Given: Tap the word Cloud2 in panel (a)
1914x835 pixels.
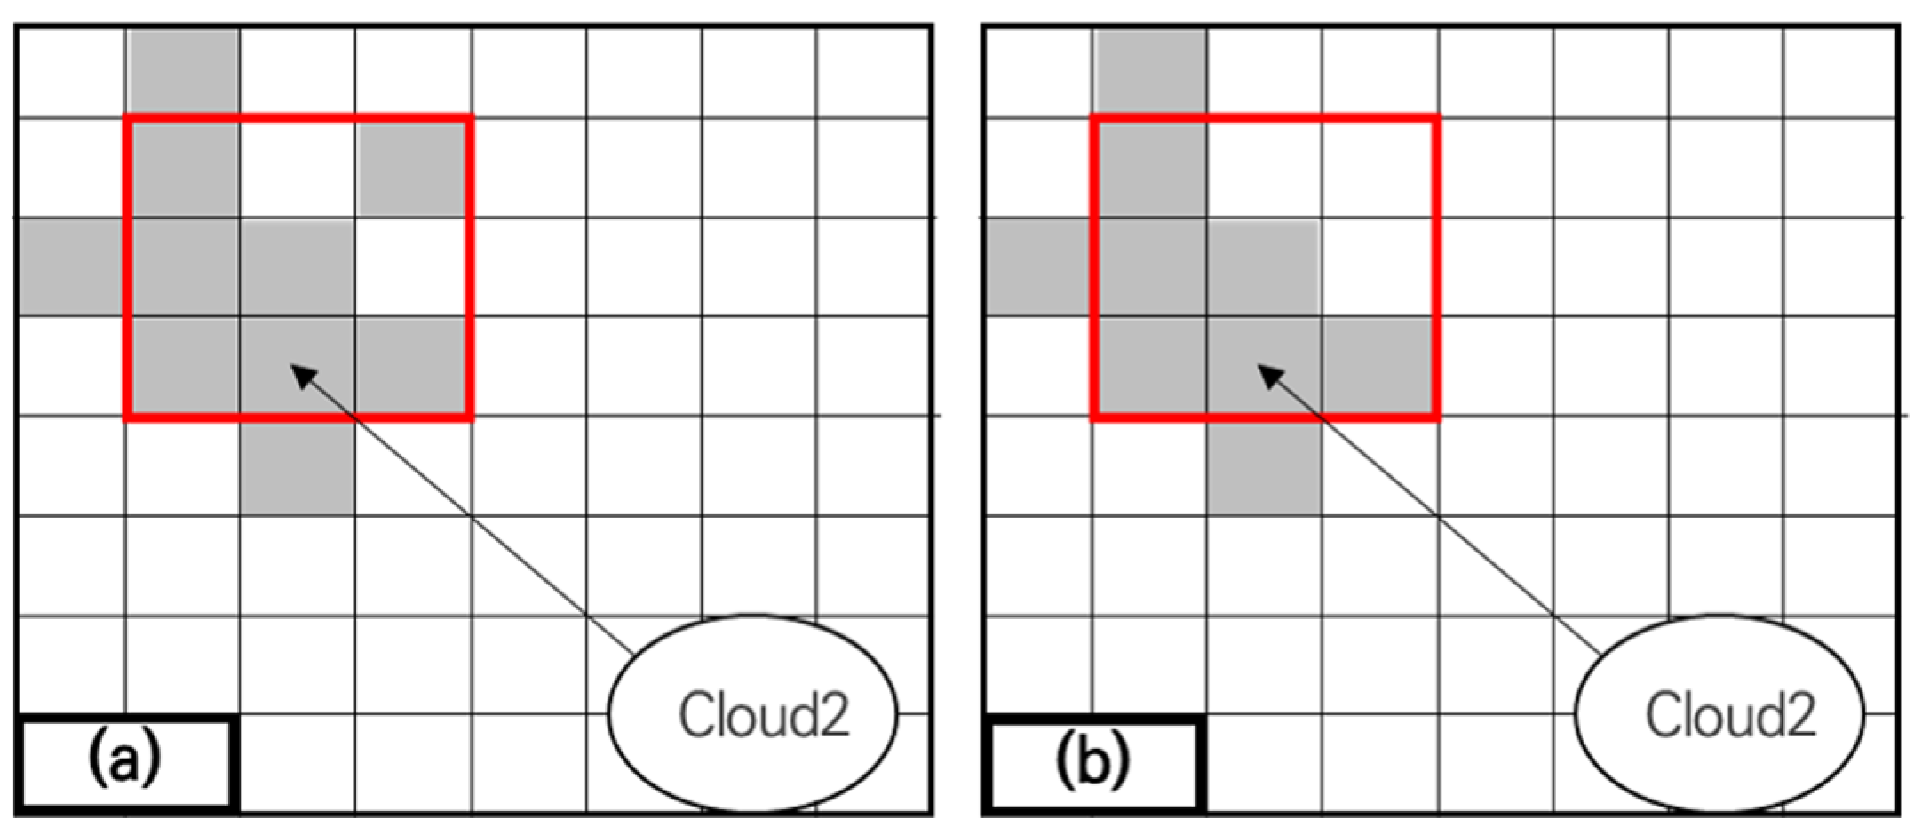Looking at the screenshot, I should click(x=764, y=715).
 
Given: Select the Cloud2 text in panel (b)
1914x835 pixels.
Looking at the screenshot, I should click(x=1730, y=715).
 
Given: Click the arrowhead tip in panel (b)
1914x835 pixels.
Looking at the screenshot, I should click(x=1259, y=366).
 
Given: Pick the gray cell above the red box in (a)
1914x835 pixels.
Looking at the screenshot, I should click(x=183, y=71).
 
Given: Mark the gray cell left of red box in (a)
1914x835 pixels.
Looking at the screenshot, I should click(x=71, y=266).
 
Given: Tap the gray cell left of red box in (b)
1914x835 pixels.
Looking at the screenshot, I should click(x=1037, y=266).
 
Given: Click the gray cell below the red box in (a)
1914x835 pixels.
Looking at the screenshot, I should click(x=298, y=465).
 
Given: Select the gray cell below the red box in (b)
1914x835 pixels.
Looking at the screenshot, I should click(x=1264, y=465).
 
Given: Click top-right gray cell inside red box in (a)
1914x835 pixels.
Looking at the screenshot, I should click(x=412, y=167).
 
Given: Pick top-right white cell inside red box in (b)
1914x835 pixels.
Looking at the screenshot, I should click(x=1378, y=167).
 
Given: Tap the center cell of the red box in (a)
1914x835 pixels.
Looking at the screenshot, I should click(x=298, y=266).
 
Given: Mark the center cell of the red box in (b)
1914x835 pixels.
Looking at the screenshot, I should click(x=1264, y=266).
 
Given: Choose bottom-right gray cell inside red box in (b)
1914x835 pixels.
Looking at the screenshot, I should click(x=1378, y=366).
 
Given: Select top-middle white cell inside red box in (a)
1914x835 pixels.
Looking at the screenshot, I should click(x=298, y=167).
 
